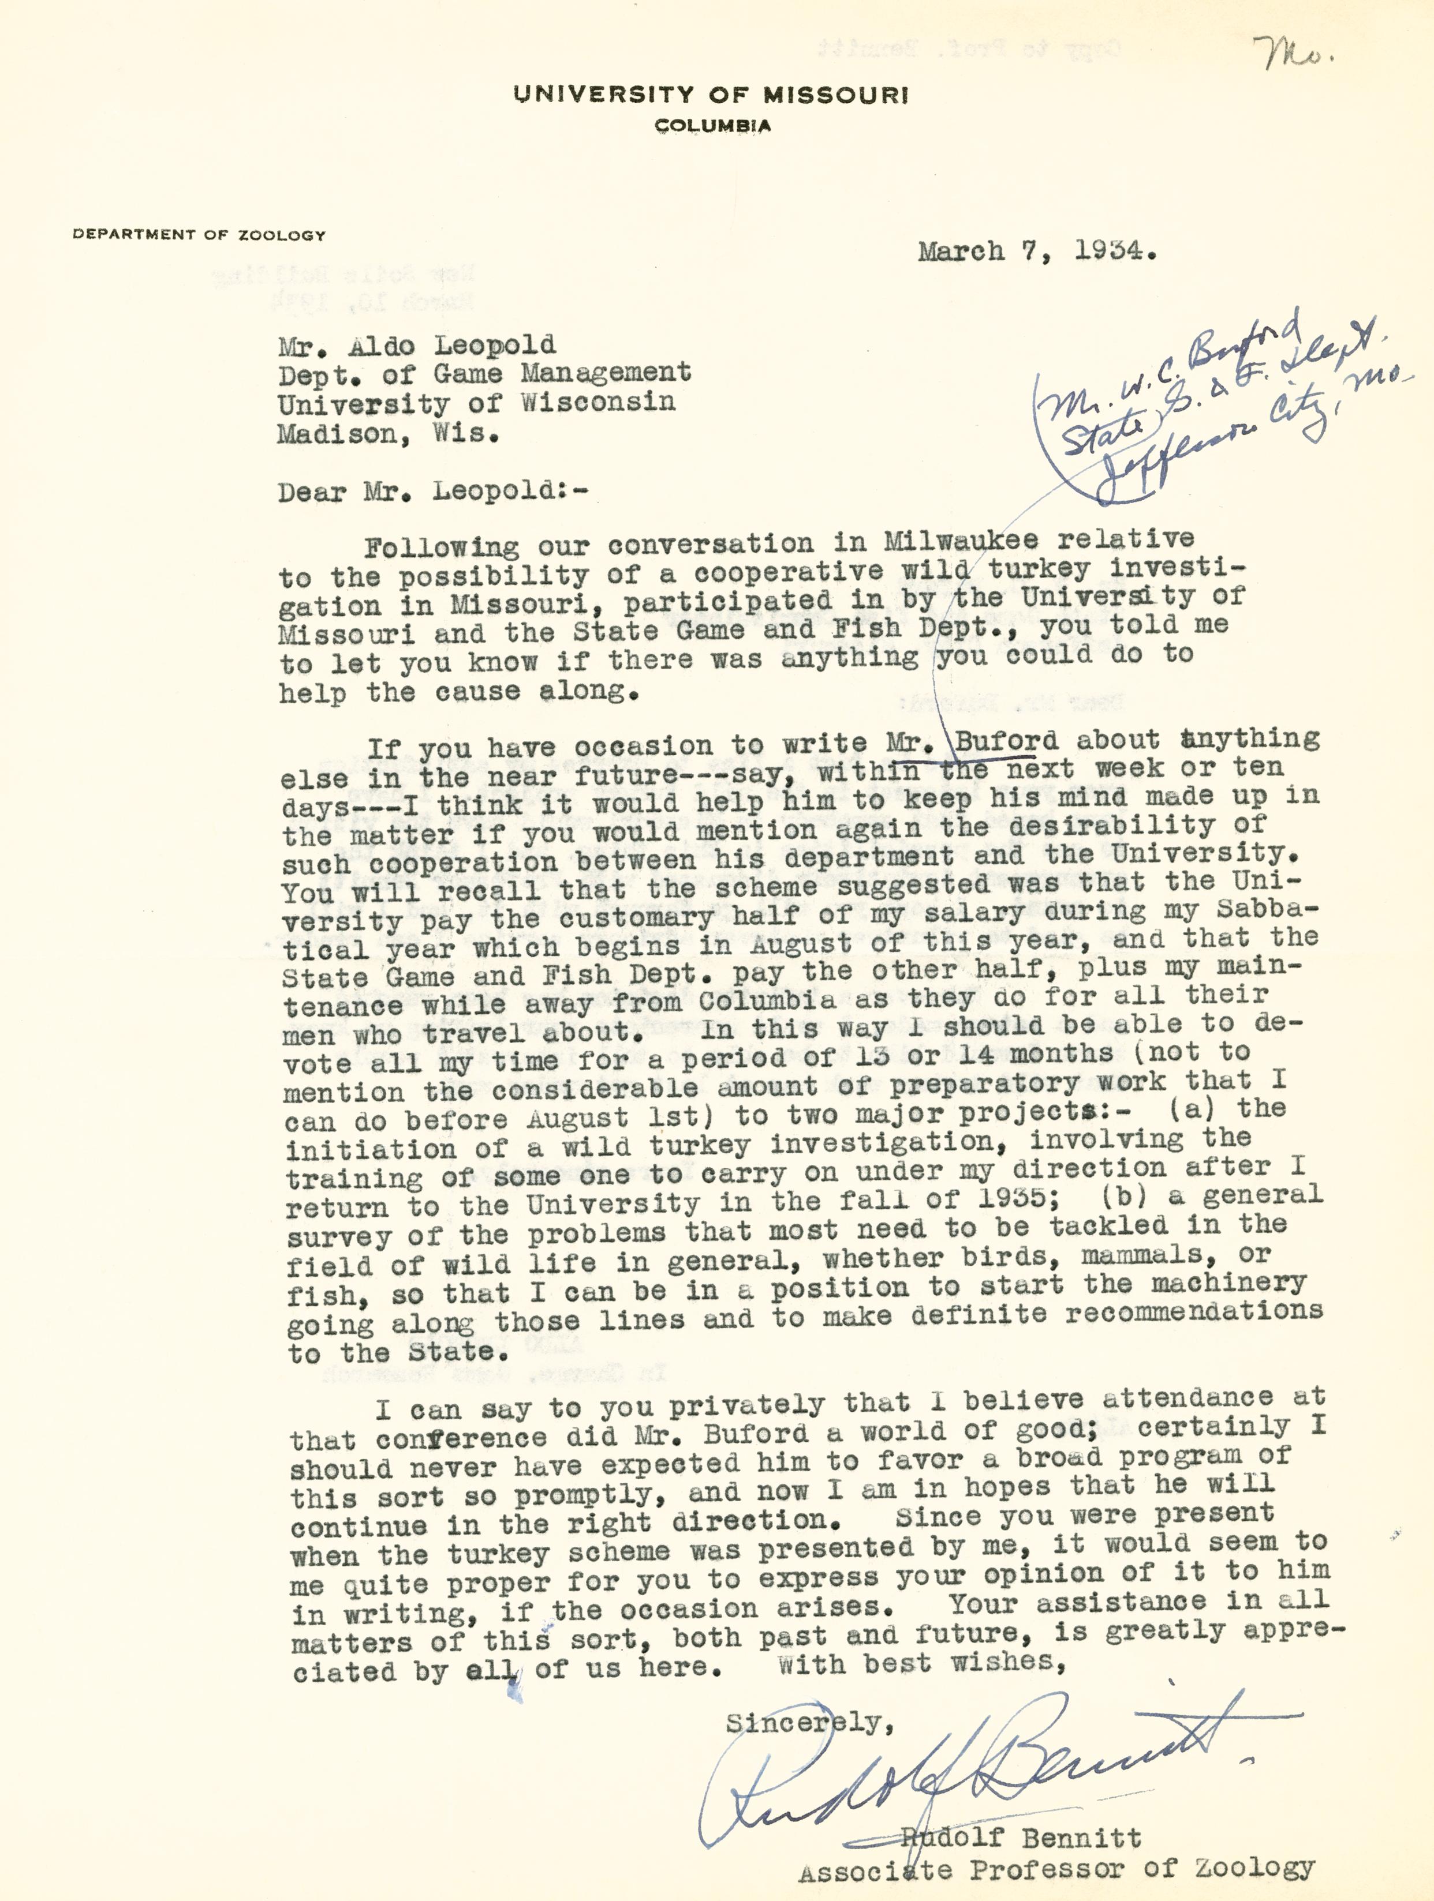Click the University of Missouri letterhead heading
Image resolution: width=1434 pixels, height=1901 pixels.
pos(710,95)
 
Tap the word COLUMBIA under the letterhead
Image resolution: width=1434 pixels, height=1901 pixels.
pos(713,126)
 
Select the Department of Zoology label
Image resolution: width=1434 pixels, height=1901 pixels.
pos(199,234)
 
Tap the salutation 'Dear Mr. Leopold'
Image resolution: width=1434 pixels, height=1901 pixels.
pos(434,491)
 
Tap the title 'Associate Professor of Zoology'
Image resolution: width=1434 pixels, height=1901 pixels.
pos(1056,1868)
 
